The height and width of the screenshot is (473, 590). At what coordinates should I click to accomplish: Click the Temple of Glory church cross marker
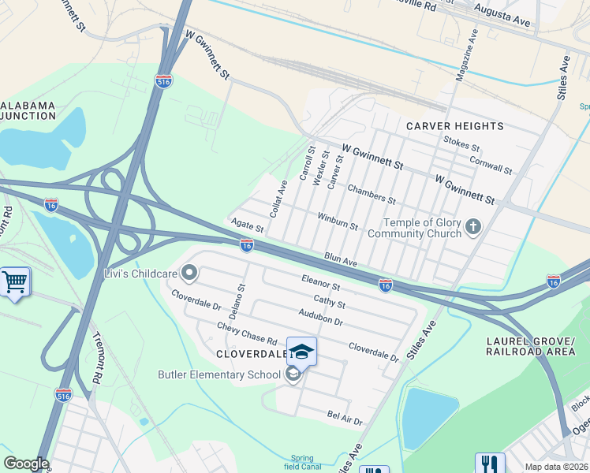click(473, 228)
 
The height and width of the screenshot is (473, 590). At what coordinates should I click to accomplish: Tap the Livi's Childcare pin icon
click(189, 274)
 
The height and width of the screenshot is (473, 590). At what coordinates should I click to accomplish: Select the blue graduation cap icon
click(301, 351)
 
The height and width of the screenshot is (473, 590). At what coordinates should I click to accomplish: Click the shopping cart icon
click(14, 281)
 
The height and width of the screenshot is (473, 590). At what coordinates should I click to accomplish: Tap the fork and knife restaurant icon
click(489, 465)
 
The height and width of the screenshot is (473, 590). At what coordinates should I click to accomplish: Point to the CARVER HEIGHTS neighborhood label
click(454, 126)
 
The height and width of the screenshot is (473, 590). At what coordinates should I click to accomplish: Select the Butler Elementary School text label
click(219, 374)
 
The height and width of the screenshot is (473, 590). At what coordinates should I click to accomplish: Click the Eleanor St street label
click(320, 281)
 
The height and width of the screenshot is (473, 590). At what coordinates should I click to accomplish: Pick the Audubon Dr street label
click(321, 317)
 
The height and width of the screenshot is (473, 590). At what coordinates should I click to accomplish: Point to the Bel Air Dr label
click(345, 418)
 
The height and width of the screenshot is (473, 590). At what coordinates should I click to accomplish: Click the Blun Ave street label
click(341, 259)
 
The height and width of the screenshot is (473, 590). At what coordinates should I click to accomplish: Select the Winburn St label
click(338, 221)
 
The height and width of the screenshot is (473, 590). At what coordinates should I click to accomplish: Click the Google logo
click(25, 464)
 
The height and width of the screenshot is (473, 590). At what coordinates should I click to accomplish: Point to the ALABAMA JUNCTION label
click(28, 112)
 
